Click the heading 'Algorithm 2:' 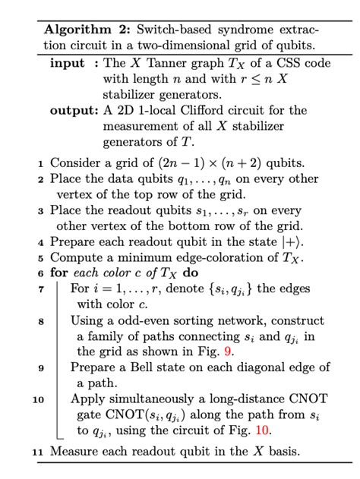(87, 30)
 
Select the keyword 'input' (67, 63)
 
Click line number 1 (39, 164)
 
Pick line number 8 (39, 321)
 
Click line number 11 (38, 453)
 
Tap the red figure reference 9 (229, 351)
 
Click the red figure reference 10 (261, 429)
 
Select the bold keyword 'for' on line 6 (58, 273)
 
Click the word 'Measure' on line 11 (74, 452)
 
